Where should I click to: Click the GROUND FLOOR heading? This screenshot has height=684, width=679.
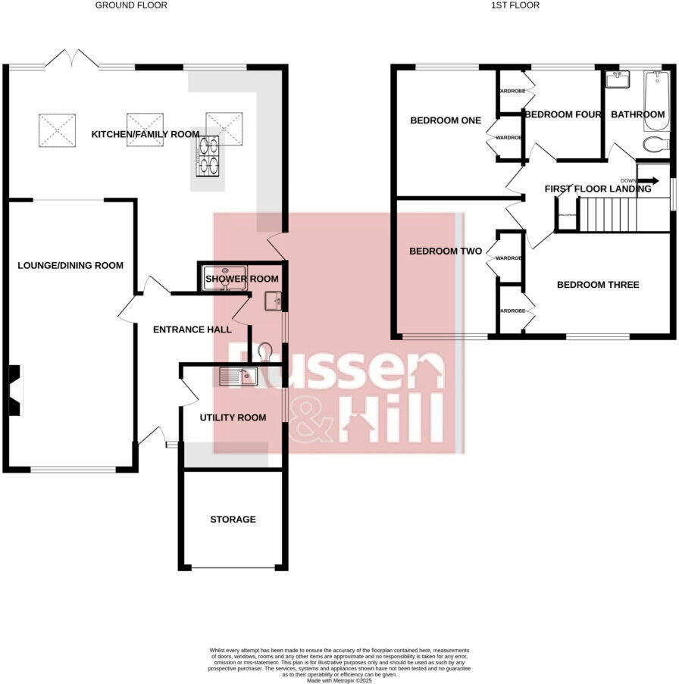click(131, 5)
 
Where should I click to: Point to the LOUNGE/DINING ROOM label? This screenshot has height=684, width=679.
click(70, 265)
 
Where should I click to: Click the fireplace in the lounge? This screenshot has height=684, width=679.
click(15, 390)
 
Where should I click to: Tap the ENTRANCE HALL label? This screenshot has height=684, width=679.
click(191, 330)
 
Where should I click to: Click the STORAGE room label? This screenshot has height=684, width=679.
click(233, 519)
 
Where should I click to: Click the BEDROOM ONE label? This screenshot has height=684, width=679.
click(446, 120)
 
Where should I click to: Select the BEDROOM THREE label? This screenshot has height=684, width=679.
click(598, 285)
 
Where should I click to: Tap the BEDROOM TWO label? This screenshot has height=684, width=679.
click(446, 251)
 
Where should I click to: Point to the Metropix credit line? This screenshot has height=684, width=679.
click(339, 680)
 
